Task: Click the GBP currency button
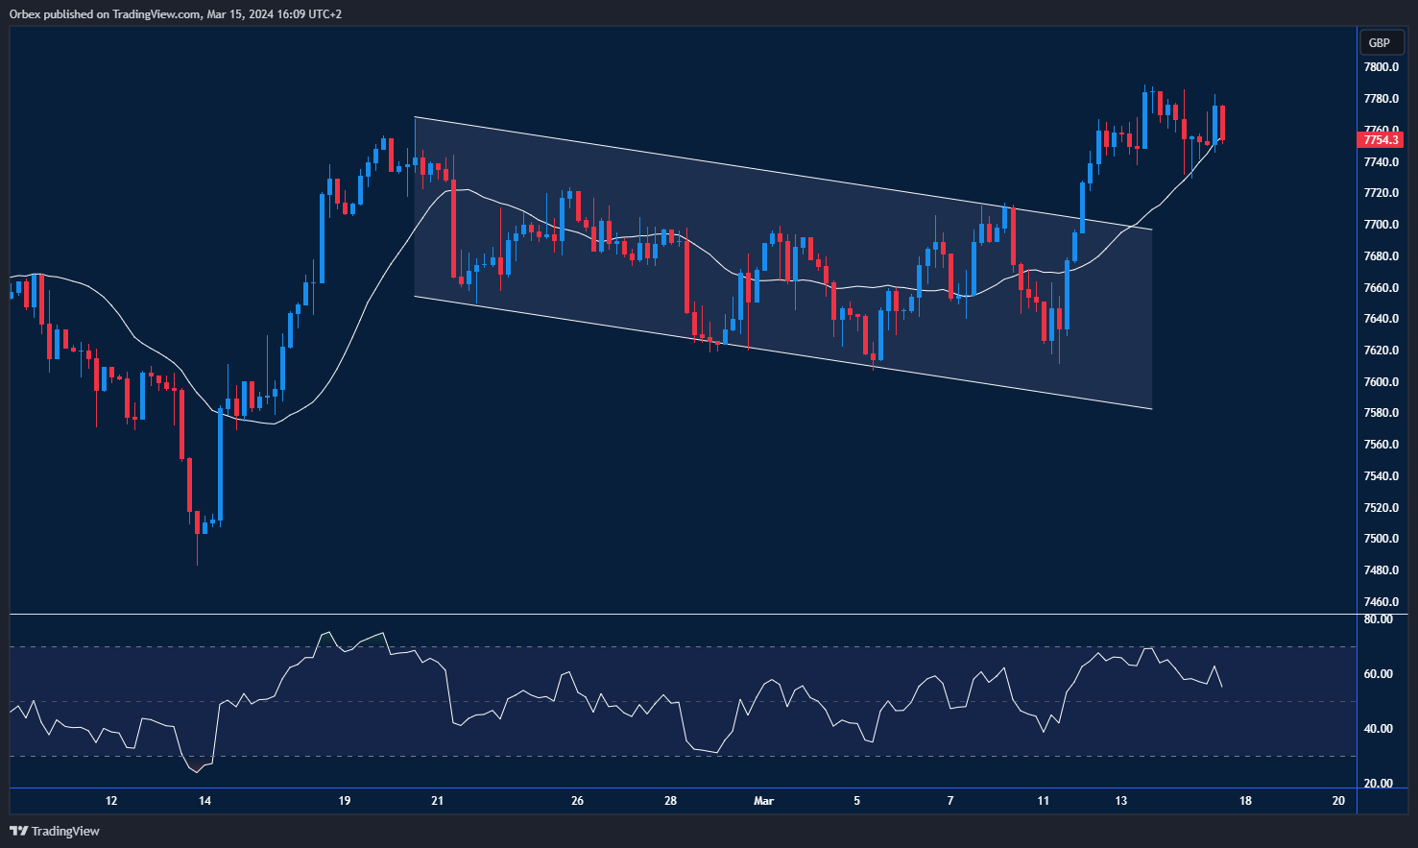1380,42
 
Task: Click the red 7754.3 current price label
1382,140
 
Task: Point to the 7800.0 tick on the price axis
1381,67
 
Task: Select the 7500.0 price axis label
1381,539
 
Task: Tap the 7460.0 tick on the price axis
1381,602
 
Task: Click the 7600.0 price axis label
1381,382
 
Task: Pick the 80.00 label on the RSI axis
1378,619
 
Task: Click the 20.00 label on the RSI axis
1378,784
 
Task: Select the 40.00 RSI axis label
1378,729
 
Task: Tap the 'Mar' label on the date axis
763,801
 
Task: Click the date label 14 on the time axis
204,801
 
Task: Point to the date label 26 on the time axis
577,801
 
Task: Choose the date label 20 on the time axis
1338,801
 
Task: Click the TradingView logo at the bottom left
55,831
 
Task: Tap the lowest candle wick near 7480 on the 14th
197,562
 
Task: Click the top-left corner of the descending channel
415,117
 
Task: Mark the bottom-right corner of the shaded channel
1151,409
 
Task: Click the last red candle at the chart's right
1222,123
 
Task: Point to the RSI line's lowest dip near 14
198,771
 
